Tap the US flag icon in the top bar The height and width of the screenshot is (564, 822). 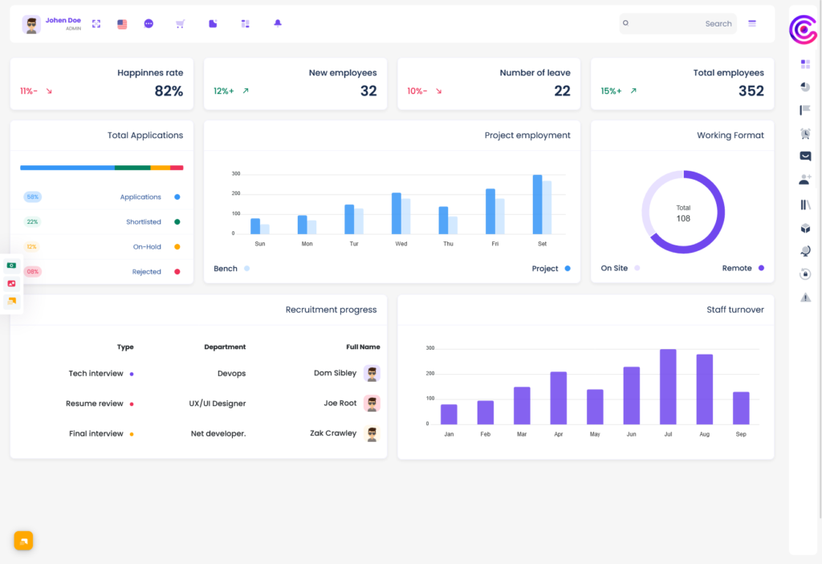tap(122, 24)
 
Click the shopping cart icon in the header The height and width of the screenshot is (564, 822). tap(180, 24)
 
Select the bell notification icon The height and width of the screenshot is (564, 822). tap(278, 23)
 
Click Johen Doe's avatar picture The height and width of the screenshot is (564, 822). tap(31, 24)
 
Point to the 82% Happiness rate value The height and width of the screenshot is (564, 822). tap(169, 91)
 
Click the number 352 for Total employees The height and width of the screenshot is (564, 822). tap(751, 91)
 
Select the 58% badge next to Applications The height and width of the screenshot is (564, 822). tap(32, 197)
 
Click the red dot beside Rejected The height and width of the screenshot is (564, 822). tap(177, 272)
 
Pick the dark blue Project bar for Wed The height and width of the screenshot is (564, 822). tap(397, 213)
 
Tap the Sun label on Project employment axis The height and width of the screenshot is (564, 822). tap(260, 244)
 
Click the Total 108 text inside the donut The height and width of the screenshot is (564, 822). tap(683, 213)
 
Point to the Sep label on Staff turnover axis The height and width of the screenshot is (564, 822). tap(741, 434)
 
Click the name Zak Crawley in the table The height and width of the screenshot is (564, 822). tap(333, 433)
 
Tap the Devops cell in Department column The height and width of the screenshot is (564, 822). tap(231, 373)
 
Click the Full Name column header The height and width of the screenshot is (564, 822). tap(363, 347)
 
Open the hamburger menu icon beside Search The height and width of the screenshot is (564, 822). tap(752, 24)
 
